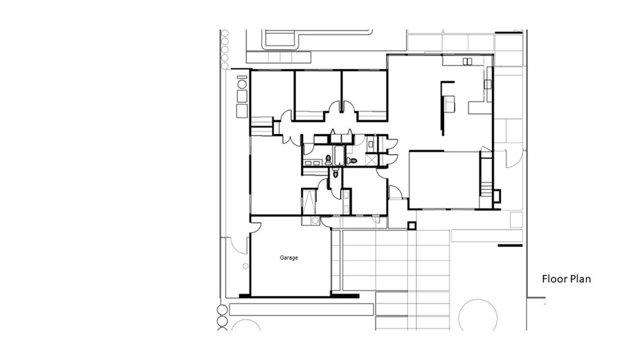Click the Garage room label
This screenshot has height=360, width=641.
click(289, 257)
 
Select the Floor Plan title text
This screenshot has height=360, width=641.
click(566, 279)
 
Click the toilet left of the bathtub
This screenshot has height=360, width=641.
click(328, 158)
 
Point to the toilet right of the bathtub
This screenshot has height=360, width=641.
click(353, 161)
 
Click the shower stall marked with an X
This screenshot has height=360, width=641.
click(372, 160)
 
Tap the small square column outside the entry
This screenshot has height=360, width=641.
click(411, 225)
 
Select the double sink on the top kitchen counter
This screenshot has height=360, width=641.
click(468, 61)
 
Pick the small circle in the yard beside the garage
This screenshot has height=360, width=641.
click(245, 326)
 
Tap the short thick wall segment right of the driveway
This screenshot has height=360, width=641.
click(510, 245)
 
